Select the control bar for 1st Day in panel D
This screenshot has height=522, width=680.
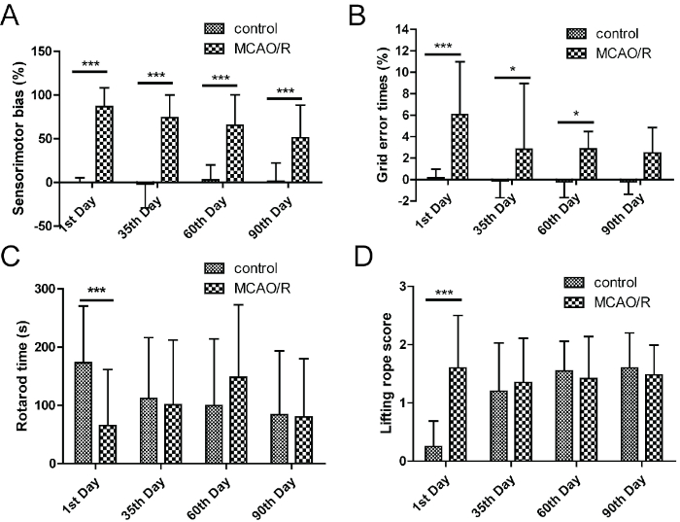pos(434,453)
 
